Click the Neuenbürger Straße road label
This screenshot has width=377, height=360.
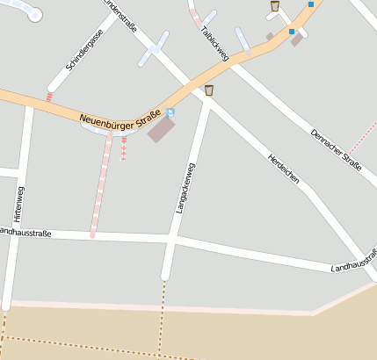coord(120,116)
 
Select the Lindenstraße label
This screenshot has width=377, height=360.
coord(120,16)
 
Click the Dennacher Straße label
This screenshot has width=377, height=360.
coord(336,145)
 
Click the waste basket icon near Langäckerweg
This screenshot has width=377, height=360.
coord(209,90)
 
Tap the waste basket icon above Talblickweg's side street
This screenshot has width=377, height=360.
coord(275,6)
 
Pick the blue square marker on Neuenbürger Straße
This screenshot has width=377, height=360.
coord(292,32)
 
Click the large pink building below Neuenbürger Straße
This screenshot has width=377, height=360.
coord(161,130)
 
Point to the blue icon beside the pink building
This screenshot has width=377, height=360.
coord(170,112)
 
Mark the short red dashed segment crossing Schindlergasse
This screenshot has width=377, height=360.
coord(50,95)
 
